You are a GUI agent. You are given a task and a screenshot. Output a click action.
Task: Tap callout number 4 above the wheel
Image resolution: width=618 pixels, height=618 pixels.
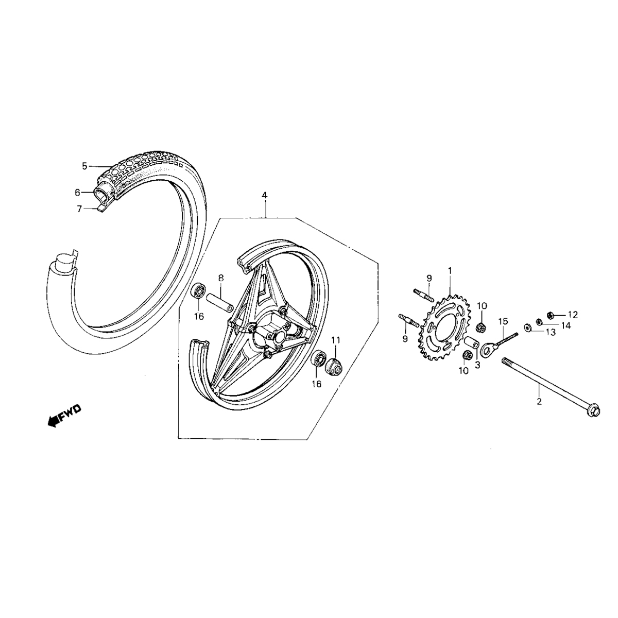click(264, 196)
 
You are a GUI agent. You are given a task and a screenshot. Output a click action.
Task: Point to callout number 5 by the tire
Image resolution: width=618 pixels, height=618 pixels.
click(85, 166)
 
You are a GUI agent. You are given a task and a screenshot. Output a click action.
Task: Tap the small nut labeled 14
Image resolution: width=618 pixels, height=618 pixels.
click(539, 322)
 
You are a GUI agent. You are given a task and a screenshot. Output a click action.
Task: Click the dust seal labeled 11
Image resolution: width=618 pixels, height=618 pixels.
click(334, 365)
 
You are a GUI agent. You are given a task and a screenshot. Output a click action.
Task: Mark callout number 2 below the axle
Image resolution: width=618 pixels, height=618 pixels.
click(539, 402)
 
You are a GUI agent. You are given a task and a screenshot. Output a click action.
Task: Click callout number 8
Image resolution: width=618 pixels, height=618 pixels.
click(220, 278)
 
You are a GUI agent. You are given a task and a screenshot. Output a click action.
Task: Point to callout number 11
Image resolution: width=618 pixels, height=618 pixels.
click(336, 340)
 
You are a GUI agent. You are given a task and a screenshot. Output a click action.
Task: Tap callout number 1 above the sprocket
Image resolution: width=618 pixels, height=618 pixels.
click(450, 270)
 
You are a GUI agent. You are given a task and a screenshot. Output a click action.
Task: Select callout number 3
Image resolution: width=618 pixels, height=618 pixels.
click(477, 365)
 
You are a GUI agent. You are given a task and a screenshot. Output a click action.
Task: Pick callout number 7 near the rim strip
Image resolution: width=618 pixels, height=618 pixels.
click(79, 209)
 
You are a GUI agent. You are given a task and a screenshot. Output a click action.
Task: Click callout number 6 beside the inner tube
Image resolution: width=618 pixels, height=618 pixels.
click(78, 192)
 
